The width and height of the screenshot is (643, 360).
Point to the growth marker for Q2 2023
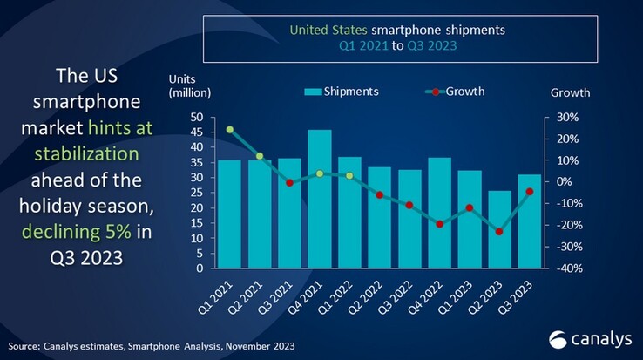click(x=499, y=232)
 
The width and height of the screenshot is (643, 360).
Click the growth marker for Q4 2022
click(x=439, y=224)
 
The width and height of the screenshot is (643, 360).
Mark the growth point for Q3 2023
click(x=529, y=192)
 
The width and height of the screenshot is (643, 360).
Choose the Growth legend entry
click(x=457, y=92)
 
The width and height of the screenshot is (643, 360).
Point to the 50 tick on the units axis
click(x=197, y=117)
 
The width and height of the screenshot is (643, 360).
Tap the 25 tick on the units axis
click(x=197, y=193)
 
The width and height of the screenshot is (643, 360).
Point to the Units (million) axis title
click(x=190, y=85)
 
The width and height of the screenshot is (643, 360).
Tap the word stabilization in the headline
click(x=86, y=154)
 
